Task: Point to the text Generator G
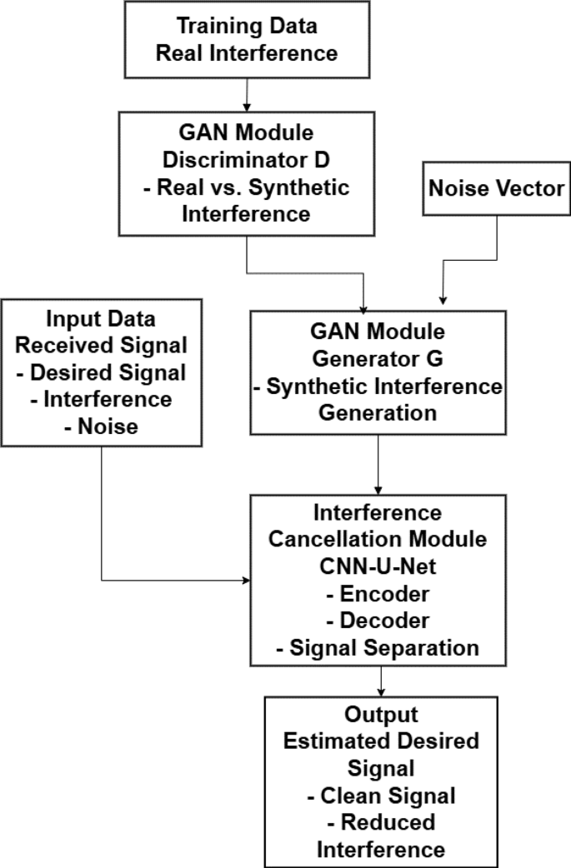pos(379,359)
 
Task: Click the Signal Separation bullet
pos(383,647)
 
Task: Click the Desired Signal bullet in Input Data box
pos(101,372)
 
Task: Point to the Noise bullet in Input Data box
pos(101,426)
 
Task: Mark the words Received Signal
pos(101,346)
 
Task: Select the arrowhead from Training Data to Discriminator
pos(246,107)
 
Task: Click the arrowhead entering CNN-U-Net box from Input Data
pos(246,580)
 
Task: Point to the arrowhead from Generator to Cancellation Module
pos(379,489)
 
